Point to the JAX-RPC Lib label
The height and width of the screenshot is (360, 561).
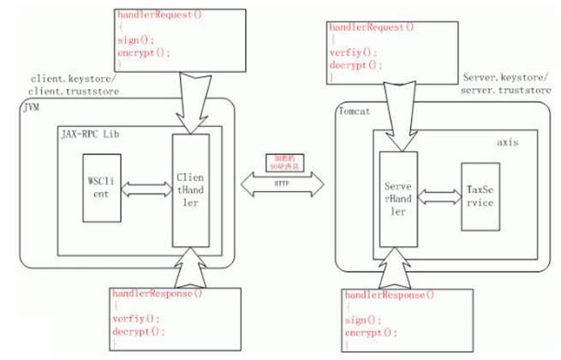click(90, 134)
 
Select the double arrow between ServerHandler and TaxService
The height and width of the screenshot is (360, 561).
click(438, 196)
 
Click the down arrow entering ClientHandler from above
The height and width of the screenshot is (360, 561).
click(190, 99)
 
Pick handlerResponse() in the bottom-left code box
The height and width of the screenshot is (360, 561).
click(157, 294)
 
